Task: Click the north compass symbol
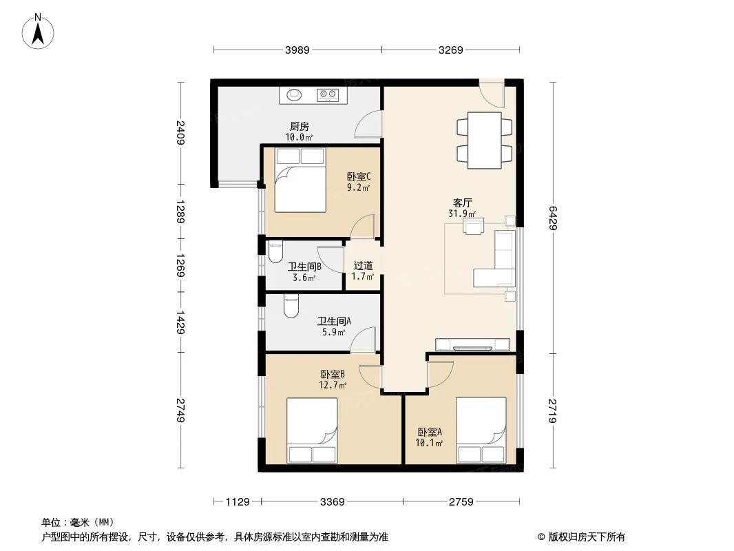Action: click(40, 32)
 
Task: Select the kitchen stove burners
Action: click(328, 94)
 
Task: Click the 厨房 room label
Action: click(299, 126)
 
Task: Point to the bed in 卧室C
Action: click(300, 180)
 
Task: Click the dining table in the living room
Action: click(484, 140)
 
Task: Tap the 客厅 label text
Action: click(462, 203)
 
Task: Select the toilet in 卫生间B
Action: click(275, 253)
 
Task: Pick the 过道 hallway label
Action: click(363, 265)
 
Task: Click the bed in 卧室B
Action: click(312, 430)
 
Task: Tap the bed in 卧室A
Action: click(481, 430)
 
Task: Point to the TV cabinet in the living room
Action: click(472, 344)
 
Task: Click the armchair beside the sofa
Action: click(474, 226)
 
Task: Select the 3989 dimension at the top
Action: click(297, 50)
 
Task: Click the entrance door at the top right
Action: click(492, 93)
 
